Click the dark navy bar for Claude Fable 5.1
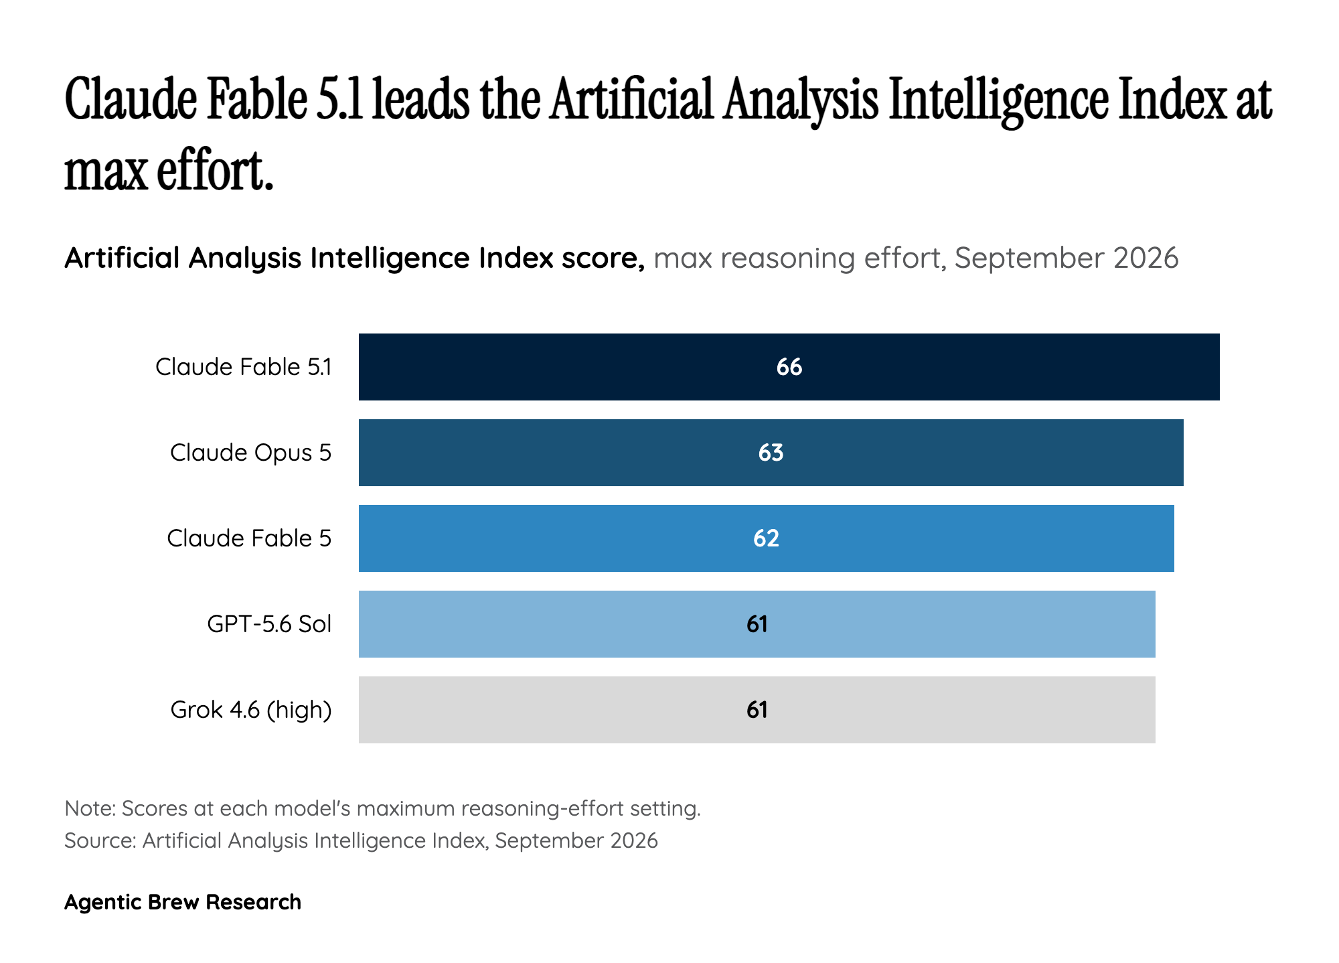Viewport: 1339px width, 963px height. point(789,367)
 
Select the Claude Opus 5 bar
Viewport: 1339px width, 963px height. point(771,453)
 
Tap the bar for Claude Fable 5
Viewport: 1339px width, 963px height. point(766,538)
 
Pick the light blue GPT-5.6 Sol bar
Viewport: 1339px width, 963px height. point(757,624)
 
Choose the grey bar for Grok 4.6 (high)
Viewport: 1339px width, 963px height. point(757,710)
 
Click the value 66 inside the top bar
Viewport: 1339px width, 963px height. point(789,367)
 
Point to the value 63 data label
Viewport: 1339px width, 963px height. point(771,453)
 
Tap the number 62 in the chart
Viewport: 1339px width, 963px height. point(766,538)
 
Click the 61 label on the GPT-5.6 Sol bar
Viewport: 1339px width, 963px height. point(757,624)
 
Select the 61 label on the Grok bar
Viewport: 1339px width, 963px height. point(757,710)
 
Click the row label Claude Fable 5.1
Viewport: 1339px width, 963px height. point(244,367)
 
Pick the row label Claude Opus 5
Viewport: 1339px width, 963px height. point(251,453)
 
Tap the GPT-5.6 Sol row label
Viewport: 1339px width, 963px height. point(270,624)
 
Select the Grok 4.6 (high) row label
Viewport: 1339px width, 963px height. point(251,710)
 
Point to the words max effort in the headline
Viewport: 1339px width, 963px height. point(169,171)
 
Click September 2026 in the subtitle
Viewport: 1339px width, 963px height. point(1067,258)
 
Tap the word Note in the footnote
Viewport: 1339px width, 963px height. point(88,809)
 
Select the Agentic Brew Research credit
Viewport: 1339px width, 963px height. point(183,902)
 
